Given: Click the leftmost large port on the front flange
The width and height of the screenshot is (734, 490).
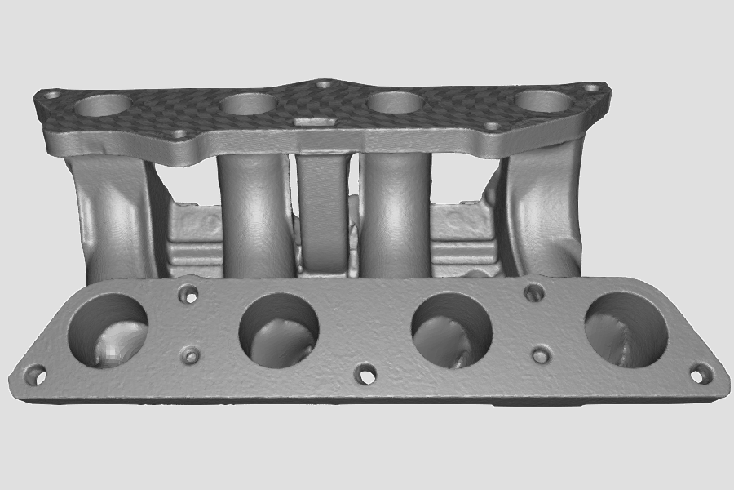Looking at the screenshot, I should [x=108, y=330].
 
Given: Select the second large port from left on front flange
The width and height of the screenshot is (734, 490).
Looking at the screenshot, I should [x=278, y=328].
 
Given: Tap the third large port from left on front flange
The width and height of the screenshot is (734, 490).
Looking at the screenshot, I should [x=453, y=330].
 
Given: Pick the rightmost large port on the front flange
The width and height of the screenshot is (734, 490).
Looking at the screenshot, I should [x=626, y=328].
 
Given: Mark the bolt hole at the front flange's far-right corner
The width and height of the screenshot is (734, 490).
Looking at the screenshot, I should [x=699, y=374].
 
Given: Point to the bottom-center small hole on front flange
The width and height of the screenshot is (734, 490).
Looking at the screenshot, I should [x=366, y=376].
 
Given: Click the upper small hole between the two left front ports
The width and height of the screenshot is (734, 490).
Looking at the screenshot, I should [x=190, y=292].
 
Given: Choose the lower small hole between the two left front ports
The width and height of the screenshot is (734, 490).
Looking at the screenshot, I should [x=191, y=355].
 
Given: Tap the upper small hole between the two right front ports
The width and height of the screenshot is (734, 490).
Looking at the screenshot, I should [x=534, y=292].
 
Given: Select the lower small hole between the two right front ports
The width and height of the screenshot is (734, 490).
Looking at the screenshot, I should [x=540, y=354].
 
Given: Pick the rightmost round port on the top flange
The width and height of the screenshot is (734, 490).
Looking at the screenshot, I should [x=544, y=100].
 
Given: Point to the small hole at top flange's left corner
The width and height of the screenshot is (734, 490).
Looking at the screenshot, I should [x=51, y=95].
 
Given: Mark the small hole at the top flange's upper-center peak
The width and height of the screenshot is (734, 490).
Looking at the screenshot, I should [x=324, y=83].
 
